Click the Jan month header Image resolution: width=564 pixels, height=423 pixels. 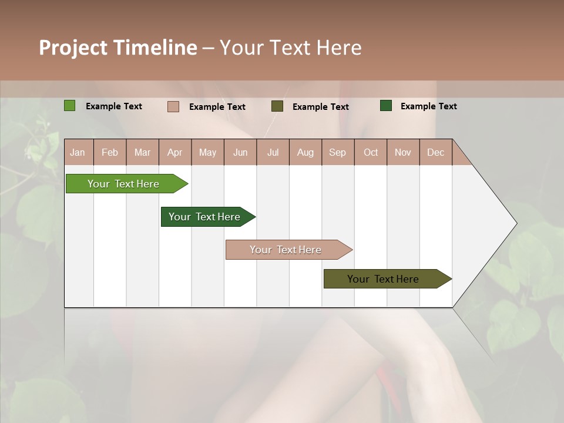(x=78, y=152)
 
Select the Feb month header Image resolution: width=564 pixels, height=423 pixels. (x=110, y=152)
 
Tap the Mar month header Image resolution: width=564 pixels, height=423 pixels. (x=142, y=152)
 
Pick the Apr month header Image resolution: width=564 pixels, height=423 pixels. (x=175, y=152)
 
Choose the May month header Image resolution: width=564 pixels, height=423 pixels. (x=207, y=152)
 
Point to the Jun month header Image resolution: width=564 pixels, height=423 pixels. (x=240, y=152)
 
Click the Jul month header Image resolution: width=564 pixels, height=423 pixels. (x=273, y=152)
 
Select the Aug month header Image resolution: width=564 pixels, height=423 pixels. (x=305, y=152)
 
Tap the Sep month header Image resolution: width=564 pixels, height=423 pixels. (x=338, y=152)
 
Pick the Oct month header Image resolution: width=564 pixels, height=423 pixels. (x=371, y=152)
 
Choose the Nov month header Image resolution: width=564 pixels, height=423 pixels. (x=403, y=152)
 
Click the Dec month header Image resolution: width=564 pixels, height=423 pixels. (x=436, y=152)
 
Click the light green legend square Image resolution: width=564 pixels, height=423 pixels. (x=70, y=106)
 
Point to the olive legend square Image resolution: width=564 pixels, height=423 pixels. (x=277, y=106)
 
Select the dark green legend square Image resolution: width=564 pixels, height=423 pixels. (x=386, y=106)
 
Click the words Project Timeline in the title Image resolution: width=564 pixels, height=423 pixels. (x=118, y=48)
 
